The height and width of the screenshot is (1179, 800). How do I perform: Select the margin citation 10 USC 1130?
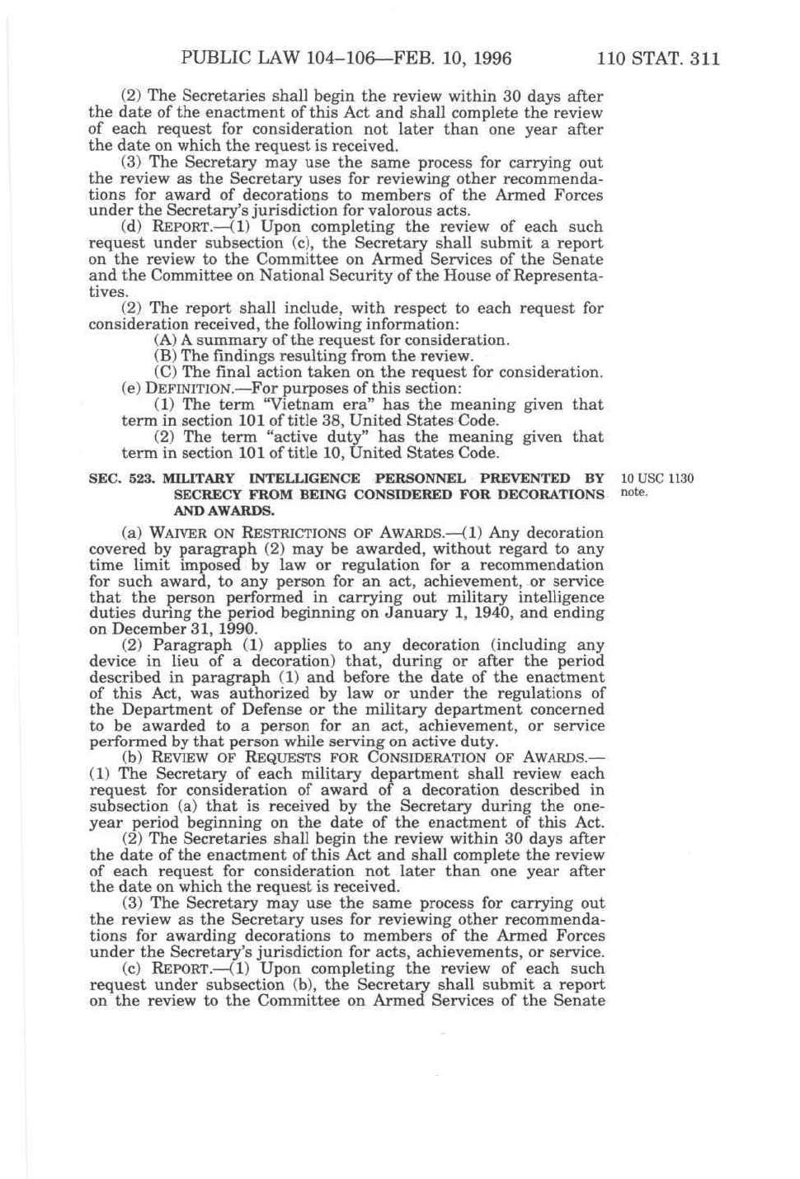pos(656,479)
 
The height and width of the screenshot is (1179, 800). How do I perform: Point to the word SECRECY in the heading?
pos(209,495)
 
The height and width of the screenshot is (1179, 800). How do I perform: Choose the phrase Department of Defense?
pos(179,710)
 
